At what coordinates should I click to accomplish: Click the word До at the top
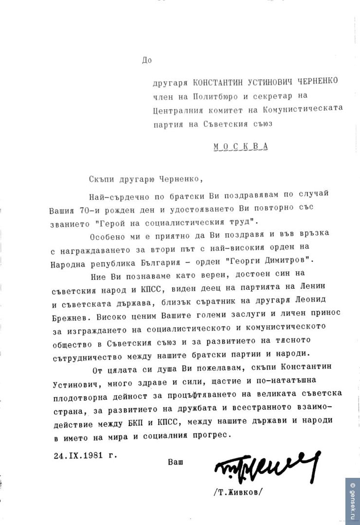click(x=147, y=60)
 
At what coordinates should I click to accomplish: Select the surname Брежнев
click(x=68, y=316)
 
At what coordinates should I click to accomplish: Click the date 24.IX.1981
click(x=79, y=456)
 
